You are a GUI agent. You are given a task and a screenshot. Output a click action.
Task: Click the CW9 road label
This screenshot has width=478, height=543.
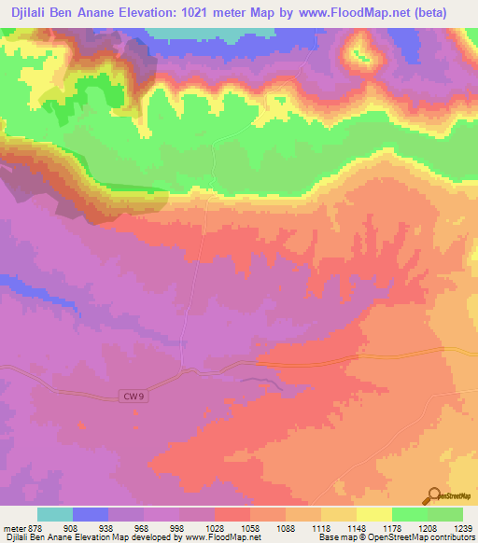pos(134,397)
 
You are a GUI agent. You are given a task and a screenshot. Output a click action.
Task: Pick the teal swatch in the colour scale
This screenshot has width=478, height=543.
pos(55,514)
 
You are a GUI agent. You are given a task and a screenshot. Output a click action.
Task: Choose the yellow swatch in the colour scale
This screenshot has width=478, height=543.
pos(374,514)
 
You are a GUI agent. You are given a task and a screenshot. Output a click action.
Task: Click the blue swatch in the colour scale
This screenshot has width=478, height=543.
pos(91,514)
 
